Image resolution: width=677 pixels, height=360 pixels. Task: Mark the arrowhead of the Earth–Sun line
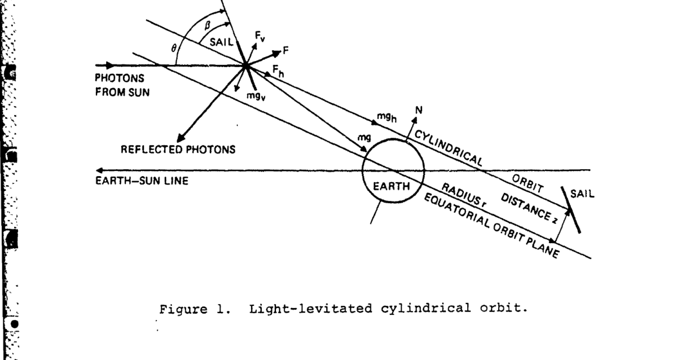[100, 170]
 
